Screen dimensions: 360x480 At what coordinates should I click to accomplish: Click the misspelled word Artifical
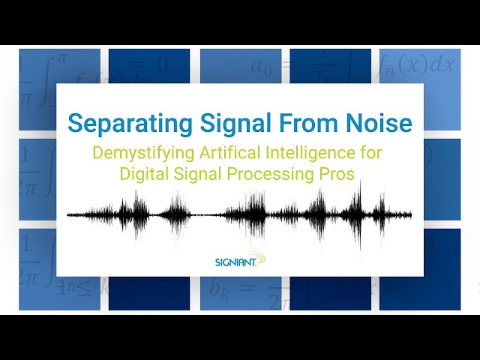click(x=214, y=153)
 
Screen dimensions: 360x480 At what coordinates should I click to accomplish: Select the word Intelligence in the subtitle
click(x=293, y=153)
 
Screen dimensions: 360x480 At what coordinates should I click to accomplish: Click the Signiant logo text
click(x=235, y=262)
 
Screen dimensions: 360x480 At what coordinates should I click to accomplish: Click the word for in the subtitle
click(x=369, y=153)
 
